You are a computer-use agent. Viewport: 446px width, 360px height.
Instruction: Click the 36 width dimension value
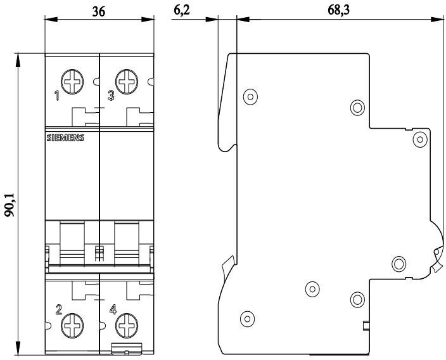pyautogui.click(x=99, y=11)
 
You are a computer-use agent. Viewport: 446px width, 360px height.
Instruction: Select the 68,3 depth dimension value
pyautogui.click(x=339, y=11)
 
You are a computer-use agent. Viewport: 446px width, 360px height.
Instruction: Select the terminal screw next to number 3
pyautogui.click(x=127, y=82)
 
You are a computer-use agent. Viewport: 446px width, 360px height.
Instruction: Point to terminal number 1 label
pyautogui.click(x=57, y=97)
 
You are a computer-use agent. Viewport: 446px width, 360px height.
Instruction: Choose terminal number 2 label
pyautogui.click(x=58, y=310)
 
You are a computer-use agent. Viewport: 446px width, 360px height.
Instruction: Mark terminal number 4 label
pyautogui.click(x=113, y=310)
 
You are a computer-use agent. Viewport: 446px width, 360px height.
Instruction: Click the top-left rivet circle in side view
pyautogui.click(x=250, y=97)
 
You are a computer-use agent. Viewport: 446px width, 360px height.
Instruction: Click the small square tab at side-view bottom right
pyautogui.click(x=366, y=326)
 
